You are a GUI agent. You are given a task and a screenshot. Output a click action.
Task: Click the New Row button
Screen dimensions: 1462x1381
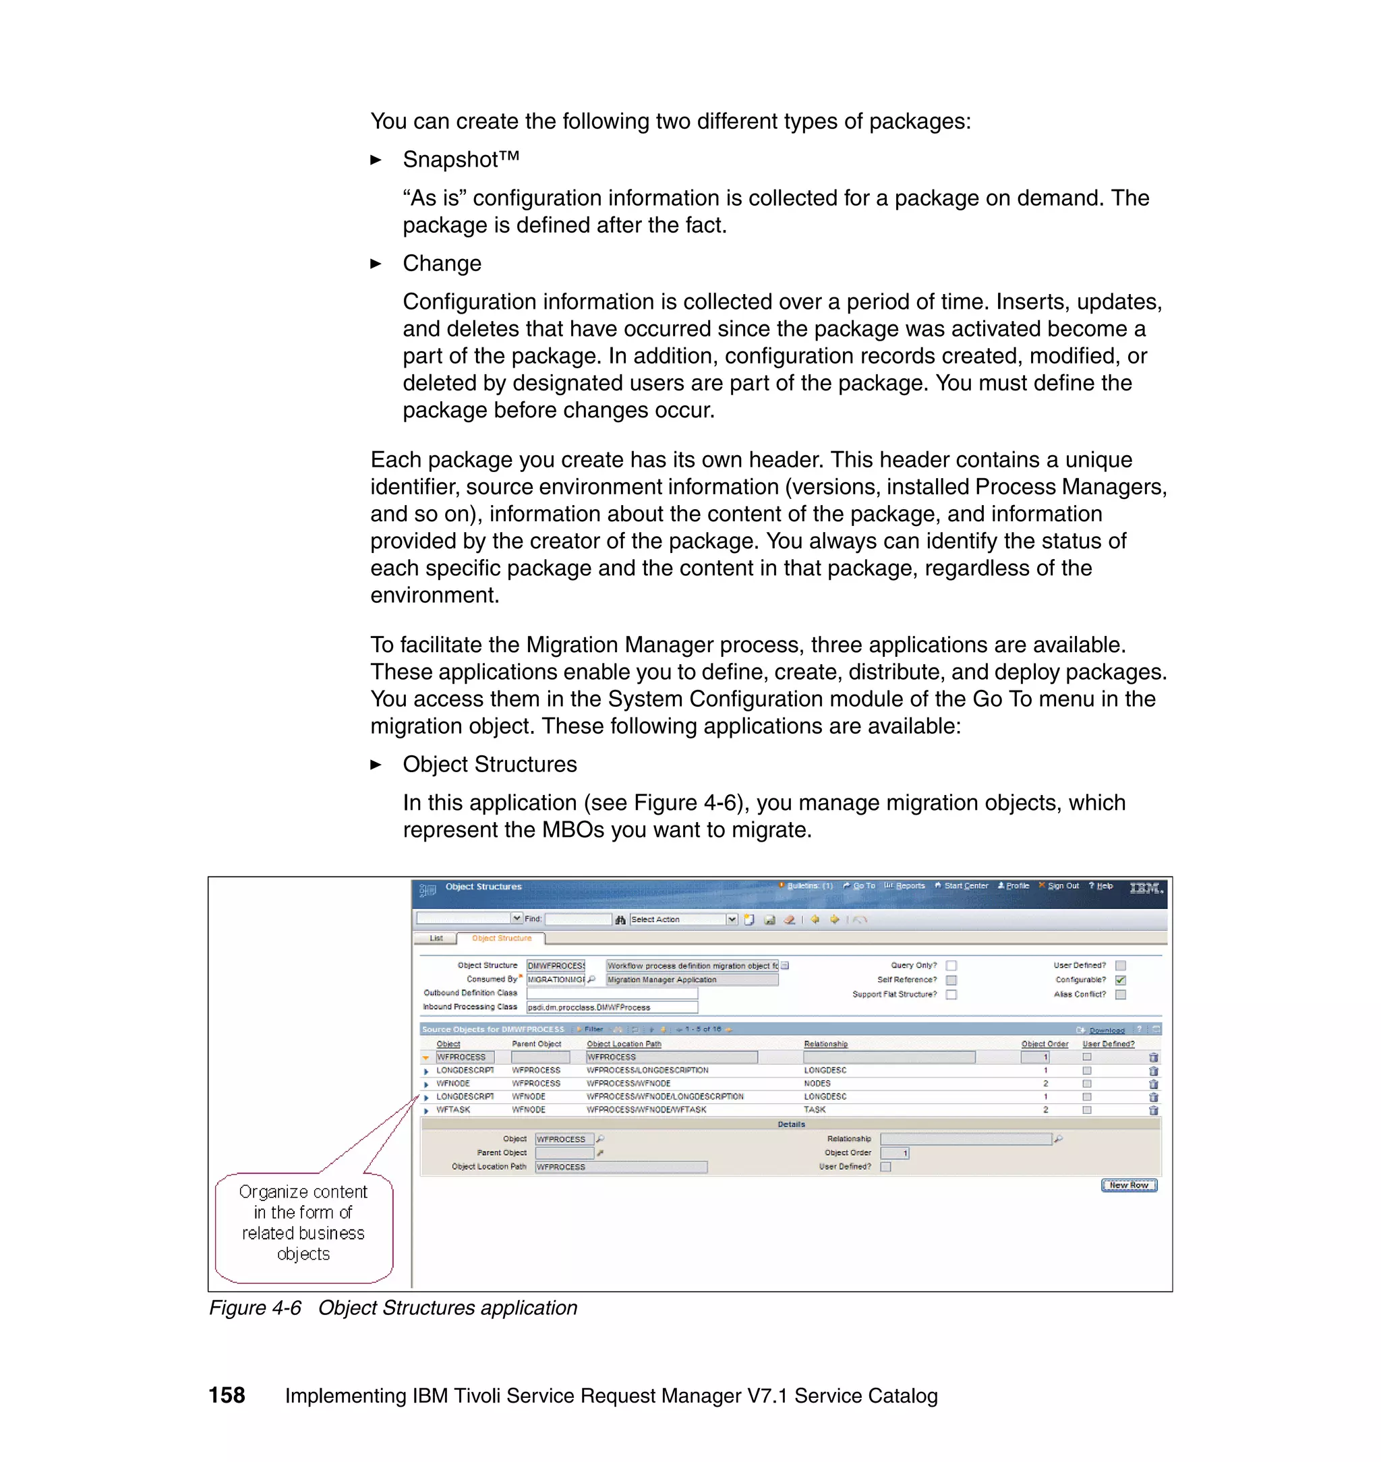tap(1129, 1186)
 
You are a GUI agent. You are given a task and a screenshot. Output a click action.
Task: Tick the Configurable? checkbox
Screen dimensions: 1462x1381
tap(1121, 980)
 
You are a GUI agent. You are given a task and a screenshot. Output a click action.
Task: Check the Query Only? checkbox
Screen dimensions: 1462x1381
tap(951, 965)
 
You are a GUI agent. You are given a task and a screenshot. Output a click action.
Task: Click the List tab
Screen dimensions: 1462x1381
tap(436, 938)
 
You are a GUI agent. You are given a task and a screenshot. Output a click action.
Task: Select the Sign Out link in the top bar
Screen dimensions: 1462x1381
tap(1062, 885)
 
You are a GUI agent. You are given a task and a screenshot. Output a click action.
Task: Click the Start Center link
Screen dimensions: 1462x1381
tap(965, 885)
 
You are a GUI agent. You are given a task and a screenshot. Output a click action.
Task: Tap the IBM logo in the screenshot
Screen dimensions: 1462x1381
tap(1146, 889)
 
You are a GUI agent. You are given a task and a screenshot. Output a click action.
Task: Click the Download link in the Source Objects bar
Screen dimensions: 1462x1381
tap(1106, 1030)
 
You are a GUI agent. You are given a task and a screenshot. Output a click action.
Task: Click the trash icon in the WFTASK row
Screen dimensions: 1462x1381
tap(1153, 1110)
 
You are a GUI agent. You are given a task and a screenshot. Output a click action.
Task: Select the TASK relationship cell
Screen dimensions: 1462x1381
tap(814, 1109)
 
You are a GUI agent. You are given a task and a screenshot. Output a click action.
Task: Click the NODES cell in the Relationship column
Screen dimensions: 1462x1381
tap(817, 1084)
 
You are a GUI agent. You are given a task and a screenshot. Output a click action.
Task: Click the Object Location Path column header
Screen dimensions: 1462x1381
tap(624, 1044)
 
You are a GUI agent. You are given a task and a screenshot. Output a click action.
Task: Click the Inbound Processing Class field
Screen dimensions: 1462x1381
tap(612, 1007)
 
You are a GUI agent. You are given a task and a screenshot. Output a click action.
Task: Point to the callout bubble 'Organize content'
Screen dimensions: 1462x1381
tap(303, 1222)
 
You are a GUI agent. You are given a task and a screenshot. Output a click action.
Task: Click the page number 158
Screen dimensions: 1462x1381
tap(227, 1395)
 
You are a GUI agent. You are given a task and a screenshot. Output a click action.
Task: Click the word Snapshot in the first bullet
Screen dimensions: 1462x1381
tap(450, 160)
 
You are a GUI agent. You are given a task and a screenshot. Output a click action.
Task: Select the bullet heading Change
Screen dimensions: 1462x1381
tap(442, 264)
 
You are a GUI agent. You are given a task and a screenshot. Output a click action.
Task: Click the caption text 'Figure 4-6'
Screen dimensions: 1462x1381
tap(255, 1308)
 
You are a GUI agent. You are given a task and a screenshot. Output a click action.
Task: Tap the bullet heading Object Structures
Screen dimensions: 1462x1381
tap(490, 764)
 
